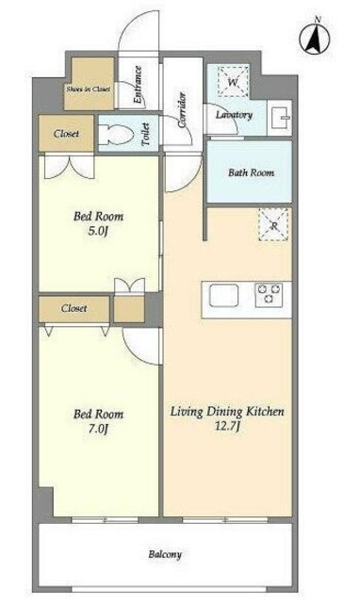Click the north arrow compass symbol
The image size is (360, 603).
(315, 38)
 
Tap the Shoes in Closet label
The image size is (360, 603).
(88, 89)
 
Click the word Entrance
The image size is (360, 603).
(138, 85)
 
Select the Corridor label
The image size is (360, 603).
(182, 110)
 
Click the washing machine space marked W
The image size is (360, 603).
(233, 82)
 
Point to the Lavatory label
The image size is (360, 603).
(234, 115)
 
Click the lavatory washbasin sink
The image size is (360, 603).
(281, 117)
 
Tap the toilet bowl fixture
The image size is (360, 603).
(115, 134)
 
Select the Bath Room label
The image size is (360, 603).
(252, 172)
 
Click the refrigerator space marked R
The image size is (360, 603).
(273, 225)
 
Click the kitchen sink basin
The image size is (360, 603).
(223, 296)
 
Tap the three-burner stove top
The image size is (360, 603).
(269, 295)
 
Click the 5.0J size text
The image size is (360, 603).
(98, 232)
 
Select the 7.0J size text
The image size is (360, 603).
(98, 429)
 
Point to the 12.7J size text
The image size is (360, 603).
(227, 427)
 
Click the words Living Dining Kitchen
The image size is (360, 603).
(227, 412)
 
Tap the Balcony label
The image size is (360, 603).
(165, 555)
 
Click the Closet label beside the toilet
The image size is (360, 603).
(66, 134)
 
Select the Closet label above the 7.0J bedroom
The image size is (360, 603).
(74, 308)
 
